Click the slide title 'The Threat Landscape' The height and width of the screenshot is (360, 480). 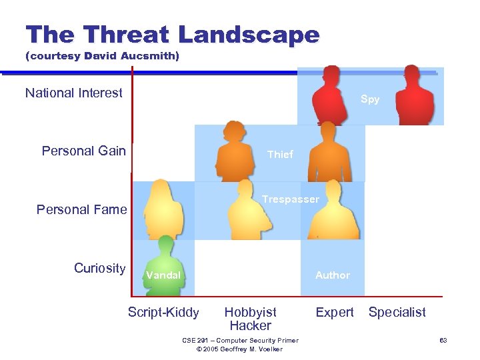(x=172, y=35)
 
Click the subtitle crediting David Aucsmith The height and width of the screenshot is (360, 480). (x=102, y=57)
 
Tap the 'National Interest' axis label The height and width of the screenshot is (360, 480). (x=74, y=93)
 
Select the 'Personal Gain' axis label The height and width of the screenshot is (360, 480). (x=84, y=151)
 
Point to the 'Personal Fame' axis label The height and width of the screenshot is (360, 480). (x=81, y=209)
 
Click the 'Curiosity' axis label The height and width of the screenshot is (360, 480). (x=99, y=268)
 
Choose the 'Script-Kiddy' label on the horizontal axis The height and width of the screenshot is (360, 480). (x=163, y=312)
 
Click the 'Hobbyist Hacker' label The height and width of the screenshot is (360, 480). (x=251, y=319)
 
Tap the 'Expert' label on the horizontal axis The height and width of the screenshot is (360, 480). (x=335, y=312)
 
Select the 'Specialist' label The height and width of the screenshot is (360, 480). (x=397, y=312)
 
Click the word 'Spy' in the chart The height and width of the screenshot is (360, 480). (x=370, y=99)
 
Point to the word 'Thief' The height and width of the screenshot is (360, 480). (x=280, y=154)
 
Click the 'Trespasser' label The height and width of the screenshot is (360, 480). (x=291, y=199)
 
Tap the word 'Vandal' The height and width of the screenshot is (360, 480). (x=163, y=275)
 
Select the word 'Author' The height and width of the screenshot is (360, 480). (x=333, y=275)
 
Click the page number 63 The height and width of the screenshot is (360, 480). (x=443, y=341)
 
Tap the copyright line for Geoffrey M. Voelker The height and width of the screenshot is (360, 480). (x=241, y=349)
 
